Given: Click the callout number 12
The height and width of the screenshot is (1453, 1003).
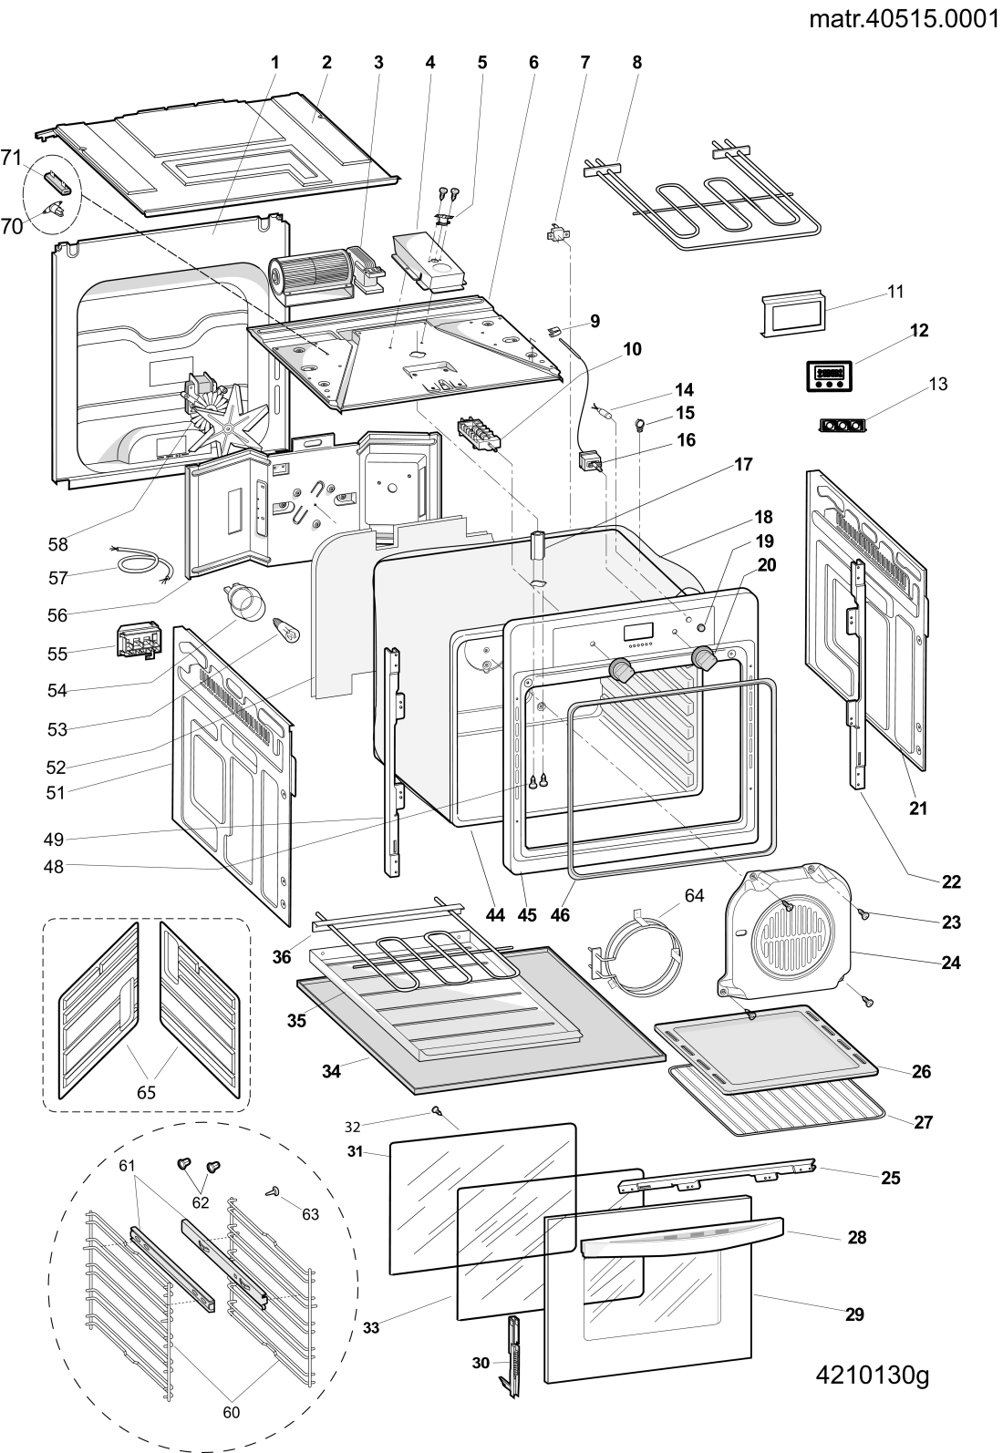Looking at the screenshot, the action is tap(919, 331).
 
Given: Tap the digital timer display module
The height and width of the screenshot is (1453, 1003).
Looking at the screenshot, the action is tap(829, 376).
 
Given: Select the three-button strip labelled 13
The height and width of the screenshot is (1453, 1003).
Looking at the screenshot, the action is tap(843, 426).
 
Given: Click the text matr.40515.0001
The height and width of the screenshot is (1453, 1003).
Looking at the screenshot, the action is tap(904, 19).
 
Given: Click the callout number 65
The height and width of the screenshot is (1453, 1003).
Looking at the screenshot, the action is tap(146, 1092).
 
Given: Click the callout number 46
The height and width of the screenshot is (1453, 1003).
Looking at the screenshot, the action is tap(560, 914).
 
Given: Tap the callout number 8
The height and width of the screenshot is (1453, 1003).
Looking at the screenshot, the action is tap(637, 62).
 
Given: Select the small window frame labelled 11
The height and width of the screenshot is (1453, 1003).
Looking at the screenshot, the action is tap(795, 314).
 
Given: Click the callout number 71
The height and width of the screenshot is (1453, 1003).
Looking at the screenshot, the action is tap(11, 158).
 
